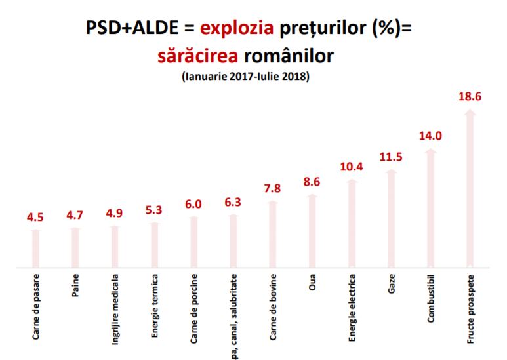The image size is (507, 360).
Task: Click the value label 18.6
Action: point(470,97)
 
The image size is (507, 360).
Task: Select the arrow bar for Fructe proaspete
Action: point(470,190)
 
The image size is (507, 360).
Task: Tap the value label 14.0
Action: point(430,136)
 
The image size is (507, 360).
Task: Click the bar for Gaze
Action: point(392,220)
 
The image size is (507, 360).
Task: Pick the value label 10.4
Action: point(352,167)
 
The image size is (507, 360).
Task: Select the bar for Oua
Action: point(312,231)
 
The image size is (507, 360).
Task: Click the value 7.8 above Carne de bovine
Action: point(273,189)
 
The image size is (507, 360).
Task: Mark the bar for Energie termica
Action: point(155,245)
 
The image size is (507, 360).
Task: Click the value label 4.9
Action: point(115,213)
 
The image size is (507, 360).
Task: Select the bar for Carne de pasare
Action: point(37,249)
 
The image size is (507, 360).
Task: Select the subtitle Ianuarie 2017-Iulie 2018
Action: point(245,77)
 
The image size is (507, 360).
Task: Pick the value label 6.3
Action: point(233,202)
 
